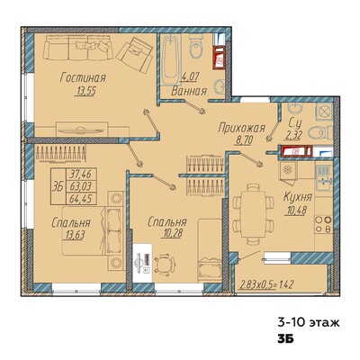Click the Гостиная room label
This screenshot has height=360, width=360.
pyautogui.click(x=83, y=77)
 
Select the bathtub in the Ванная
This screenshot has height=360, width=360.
pyautogui.click(x=170, y=60)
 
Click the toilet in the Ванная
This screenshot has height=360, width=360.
pyautogui.click(x=196, y=46)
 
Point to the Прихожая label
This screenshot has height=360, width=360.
pyautogui.click(x=242, y=129)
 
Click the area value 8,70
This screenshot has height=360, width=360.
pyautogui.click(x=244, y=139)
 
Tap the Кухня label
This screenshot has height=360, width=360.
pyautogui.click(x=298, y=197)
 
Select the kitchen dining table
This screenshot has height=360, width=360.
pyautogui.click(x=254, y=214)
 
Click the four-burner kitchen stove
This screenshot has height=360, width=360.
pyautogui.click(x=323, y=225)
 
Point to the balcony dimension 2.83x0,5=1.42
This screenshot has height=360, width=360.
pyautogui.click(x=265, y=283)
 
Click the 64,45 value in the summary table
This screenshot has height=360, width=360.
pyautogui.click(x=80, y=199)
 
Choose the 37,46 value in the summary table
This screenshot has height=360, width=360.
pyautogui.click(x=80, y=174)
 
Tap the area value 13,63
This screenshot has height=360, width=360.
pyautogui.click(x=74, y=235)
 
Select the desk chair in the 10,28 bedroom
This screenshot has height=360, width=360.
pyautogui.click(x=164, y=264)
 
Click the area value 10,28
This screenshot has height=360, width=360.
pyautogui.click(x=172, y=234)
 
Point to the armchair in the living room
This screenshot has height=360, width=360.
pyautogui.click(x=135, y=54)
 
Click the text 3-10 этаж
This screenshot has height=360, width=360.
pyautogui.click(x=309, y=323)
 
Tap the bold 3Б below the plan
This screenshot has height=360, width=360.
pyautogui.click(x=285, y=339)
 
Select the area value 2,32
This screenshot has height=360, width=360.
pyautogui.click(x=292, y=136)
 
